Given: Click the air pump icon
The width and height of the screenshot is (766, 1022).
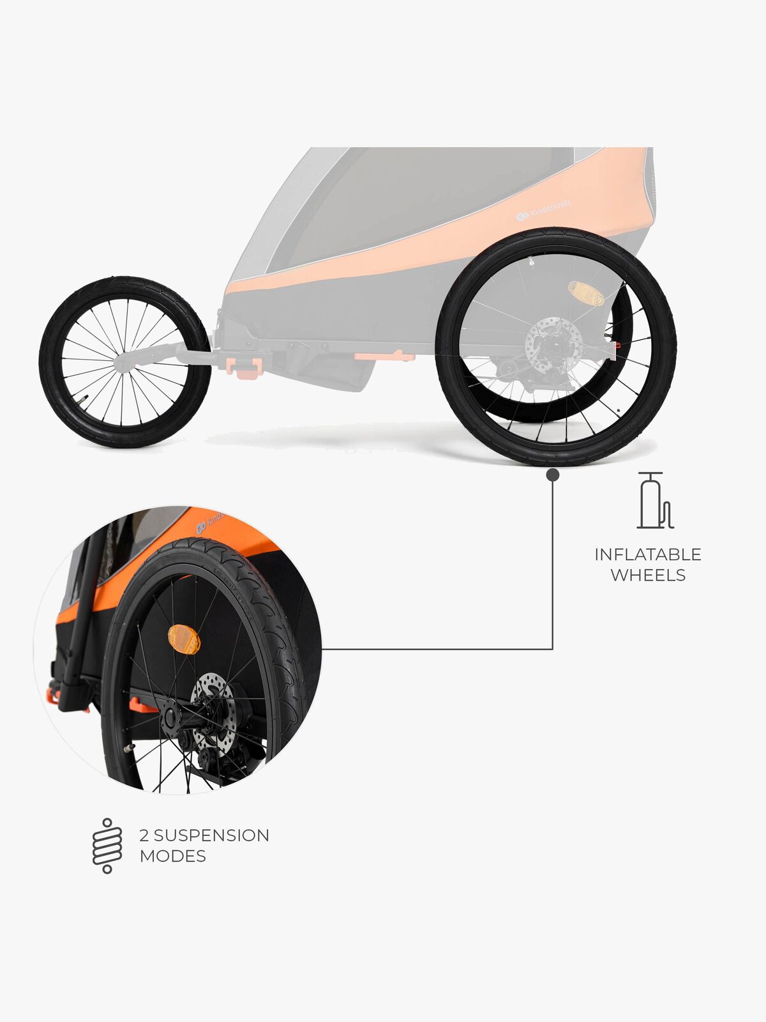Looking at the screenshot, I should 654,501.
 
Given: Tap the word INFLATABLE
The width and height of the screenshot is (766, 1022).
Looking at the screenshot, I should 647,554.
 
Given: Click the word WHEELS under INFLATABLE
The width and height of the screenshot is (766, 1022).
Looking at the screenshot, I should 647,575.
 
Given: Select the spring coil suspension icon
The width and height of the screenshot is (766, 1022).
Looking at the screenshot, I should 107,845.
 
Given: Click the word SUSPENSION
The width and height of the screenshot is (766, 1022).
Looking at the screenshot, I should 211,835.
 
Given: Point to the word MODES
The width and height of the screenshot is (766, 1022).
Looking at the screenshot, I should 172,856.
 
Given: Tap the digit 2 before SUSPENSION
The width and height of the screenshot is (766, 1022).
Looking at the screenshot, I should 144,835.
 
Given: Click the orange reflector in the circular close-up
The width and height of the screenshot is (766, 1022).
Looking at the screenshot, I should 184,639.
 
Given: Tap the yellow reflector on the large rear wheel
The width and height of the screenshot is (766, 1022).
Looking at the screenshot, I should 586,293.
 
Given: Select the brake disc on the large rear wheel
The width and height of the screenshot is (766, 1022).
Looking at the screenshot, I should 553,346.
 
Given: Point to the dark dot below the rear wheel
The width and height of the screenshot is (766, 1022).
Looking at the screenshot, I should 553,475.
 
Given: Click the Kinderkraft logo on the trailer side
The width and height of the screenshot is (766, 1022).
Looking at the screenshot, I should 543,211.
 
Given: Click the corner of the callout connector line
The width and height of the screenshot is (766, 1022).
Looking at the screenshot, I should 553,649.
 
